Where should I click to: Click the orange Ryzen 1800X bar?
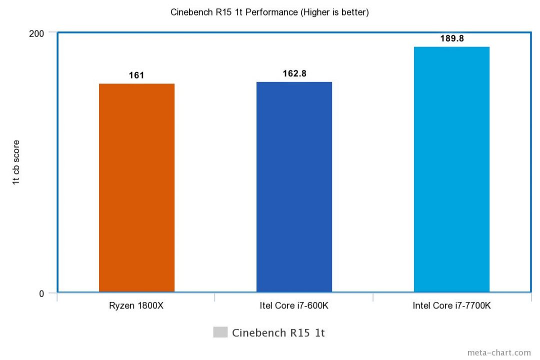point(136,187)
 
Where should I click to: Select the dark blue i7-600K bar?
point(294,186)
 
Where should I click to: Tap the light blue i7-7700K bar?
point(451,169)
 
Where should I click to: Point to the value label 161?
point(136,75)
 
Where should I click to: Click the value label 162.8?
point(294,73)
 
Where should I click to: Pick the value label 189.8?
point(452,38)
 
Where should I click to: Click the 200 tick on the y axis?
point(38,33)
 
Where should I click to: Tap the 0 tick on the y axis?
point(41,293)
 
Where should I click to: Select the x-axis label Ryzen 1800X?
point(136,305)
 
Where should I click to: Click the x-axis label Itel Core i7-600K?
point(294,305)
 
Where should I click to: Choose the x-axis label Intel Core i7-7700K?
point(451,305)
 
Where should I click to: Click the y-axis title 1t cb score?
point(16,162)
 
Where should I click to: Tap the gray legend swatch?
point(220,332)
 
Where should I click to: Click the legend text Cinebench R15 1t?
point(278,333)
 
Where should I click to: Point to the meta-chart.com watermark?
point(499,352)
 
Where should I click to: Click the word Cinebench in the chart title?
point(189,12)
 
